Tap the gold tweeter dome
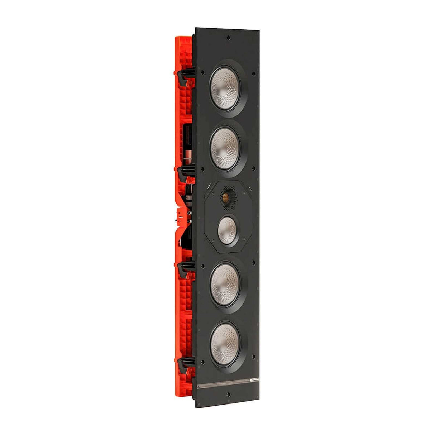(226, 197)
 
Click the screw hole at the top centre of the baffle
(228, 37)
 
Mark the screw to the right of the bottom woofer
(254, 357)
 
